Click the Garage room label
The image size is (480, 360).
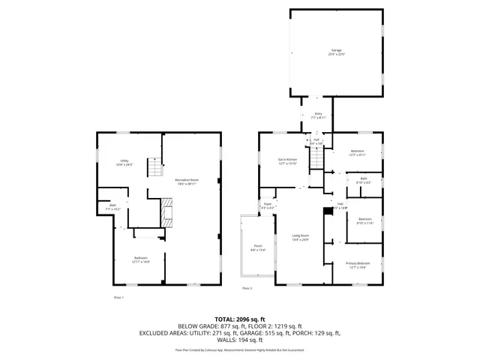click(335, 52)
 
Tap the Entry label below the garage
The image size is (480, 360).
click(318, 116)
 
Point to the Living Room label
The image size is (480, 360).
click(300, 238)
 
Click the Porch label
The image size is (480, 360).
click(257, 247)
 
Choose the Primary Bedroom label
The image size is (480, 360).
click(357, 265)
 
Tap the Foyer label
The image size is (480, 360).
click(266, 205)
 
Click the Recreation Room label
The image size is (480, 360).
click(187, 181)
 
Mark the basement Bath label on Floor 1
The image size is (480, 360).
click(112, 206)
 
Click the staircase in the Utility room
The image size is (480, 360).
click(154, 169)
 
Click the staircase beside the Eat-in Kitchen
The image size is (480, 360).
click(319, 158)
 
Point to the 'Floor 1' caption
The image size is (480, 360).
click(118, 297)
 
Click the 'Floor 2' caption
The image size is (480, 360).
click(247, 288)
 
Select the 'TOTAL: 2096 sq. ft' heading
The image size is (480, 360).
click(240, 319)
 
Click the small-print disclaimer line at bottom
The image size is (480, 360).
click(240, 349)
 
